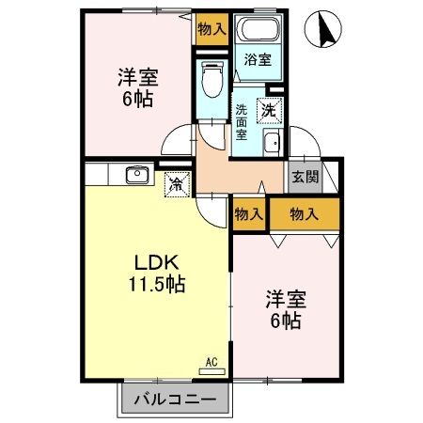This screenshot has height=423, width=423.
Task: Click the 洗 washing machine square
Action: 270,109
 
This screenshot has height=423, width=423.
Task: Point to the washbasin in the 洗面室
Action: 272,144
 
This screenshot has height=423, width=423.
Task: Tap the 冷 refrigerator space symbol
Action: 176,184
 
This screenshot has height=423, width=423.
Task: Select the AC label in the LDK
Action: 212,361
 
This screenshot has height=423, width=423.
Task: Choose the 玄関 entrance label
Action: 305,176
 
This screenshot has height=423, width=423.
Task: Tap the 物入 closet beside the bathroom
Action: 211,28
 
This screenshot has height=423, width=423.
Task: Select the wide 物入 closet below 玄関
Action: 304,215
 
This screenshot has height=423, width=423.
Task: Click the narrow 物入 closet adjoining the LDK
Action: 248,215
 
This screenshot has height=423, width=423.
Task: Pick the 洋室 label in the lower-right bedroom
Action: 284,299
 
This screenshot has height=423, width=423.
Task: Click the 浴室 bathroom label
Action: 258,59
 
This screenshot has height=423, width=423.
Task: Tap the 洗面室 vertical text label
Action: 242,120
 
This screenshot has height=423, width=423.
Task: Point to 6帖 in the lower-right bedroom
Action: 284,321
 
